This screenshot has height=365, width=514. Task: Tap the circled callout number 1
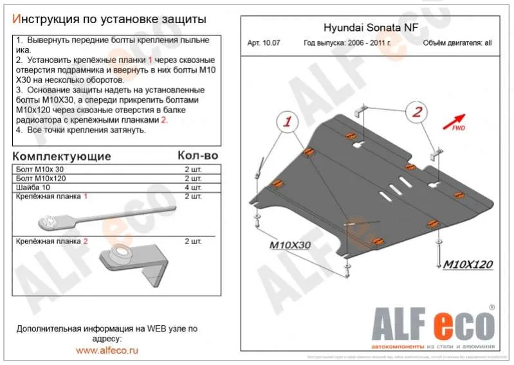click(x=288, y=121)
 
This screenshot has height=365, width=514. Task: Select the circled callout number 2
click(x=418, y=112)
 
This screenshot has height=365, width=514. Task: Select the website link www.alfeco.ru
click(x=107, y=350)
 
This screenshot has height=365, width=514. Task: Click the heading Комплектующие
click(x=62, y=156)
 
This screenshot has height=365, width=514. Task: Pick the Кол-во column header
click(x=197, y=156)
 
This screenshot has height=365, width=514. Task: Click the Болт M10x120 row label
click(x=41, y=177)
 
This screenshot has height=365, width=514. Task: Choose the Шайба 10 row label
click(x=33, y=186)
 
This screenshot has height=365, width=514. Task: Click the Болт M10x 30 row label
click(x=39, y=168)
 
